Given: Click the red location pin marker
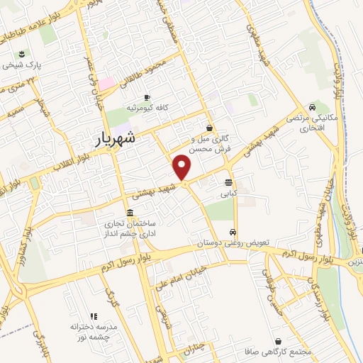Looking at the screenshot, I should point(183,167).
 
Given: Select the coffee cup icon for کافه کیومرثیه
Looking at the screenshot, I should point(147,97).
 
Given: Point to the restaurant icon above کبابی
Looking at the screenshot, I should point(228,181).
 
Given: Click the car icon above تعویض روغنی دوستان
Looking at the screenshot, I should point(233,232).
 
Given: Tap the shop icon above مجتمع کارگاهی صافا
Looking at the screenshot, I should point(277,341).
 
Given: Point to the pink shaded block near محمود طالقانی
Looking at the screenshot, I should point(106,84).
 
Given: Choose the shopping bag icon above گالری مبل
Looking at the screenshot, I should point(208,128).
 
